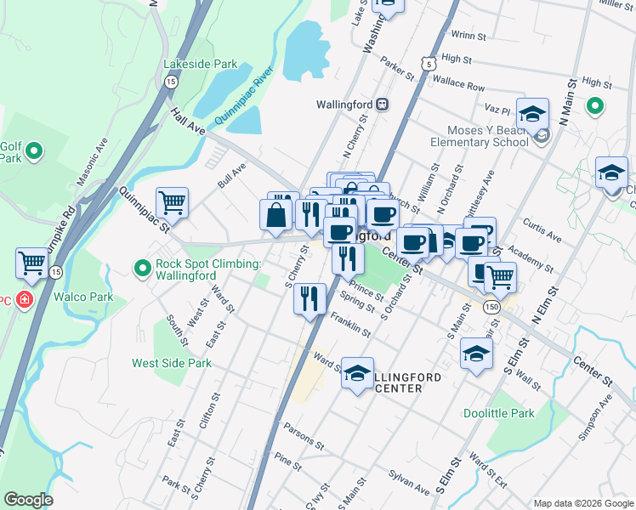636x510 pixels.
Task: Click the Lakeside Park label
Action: (x=201, y=64)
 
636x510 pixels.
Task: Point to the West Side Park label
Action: (x=172, y=363)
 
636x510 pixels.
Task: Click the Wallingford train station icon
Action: (x=383, y=104)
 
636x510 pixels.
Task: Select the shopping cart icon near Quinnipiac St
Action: (x=172, y=203)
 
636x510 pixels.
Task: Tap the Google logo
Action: (x=28, y=500)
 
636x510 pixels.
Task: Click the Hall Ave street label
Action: (x=187, y=121)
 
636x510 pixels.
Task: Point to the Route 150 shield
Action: (x=491, y=304)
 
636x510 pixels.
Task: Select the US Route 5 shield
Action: (x=430, y=63)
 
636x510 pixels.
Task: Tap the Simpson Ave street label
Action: (x=595, y=416)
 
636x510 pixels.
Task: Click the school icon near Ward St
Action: (x=358, y=373)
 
